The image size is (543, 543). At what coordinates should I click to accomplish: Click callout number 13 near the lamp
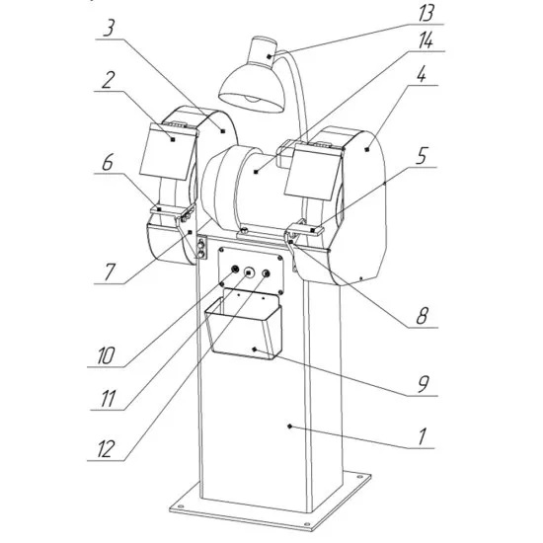click(x=426, y=14)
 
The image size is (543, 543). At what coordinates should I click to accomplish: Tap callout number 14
click(x=426, y=40)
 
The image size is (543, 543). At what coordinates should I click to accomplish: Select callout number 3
click(x=109, y=29)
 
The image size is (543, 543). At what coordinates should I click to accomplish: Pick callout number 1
click(x=422, y=436)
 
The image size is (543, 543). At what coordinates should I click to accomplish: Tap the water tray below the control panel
click(x=244, y=326)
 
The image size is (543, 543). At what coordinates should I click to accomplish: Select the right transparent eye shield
click(x=312, y=172)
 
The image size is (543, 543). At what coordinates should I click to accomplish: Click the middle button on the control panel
click(x=248, y=272)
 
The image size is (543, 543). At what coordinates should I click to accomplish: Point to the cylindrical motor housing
click(x=243, y=189)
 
